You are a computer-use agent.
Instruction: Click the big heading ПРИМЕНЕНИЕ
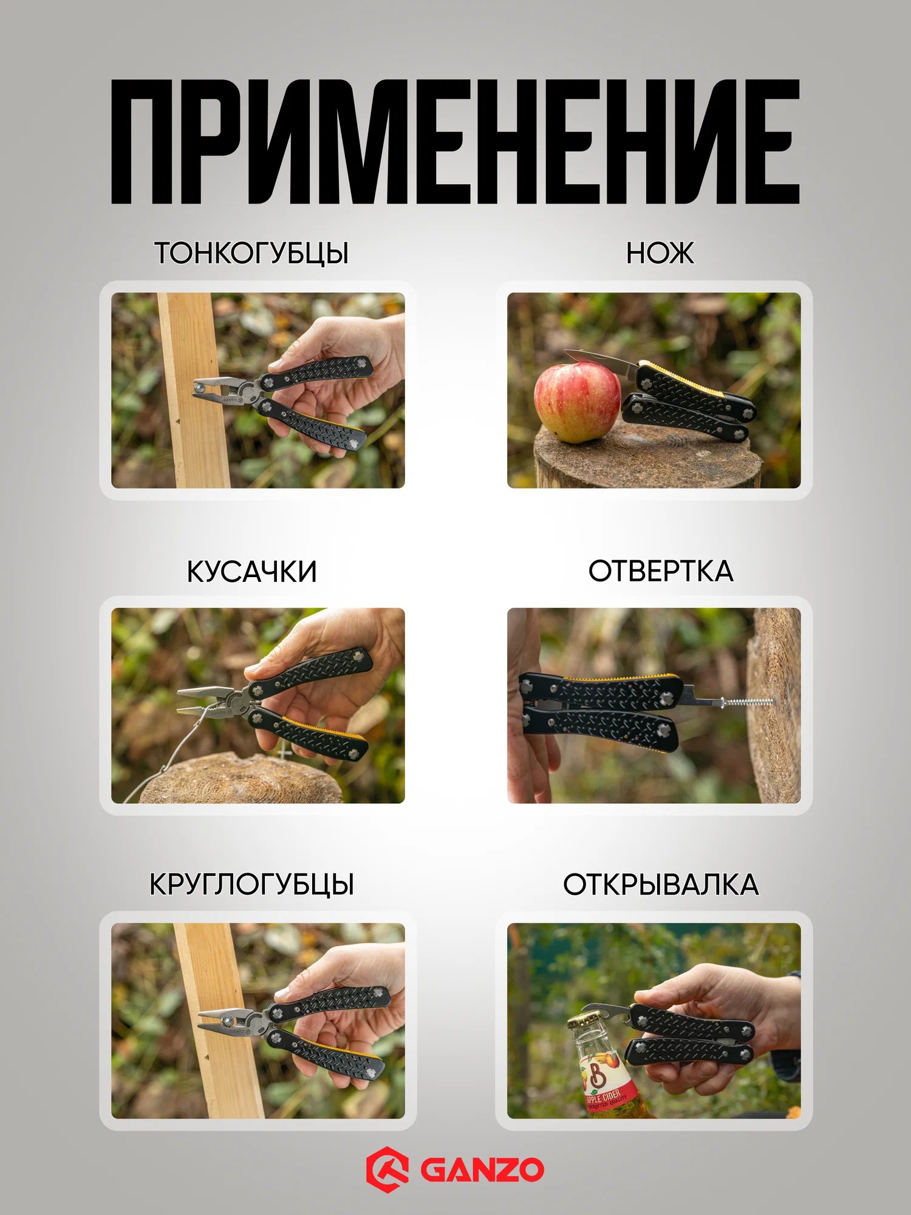[x=455, y=142]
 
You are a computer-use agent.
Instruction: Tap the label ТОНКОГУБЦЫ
[x=251, y=253]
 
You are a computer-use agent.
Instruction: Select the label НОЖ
[x=660, y=253]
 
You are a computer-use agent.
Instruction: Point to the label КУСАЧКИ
[x=251, y=571]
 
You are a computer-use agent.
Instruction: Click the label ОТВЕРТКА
[x=661, y=571]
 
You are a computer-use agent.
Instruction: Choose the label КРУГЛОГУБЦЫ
[x=251, y=884]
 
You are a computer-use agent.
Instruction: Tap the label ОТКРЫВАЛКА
[x=661, y=884]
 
